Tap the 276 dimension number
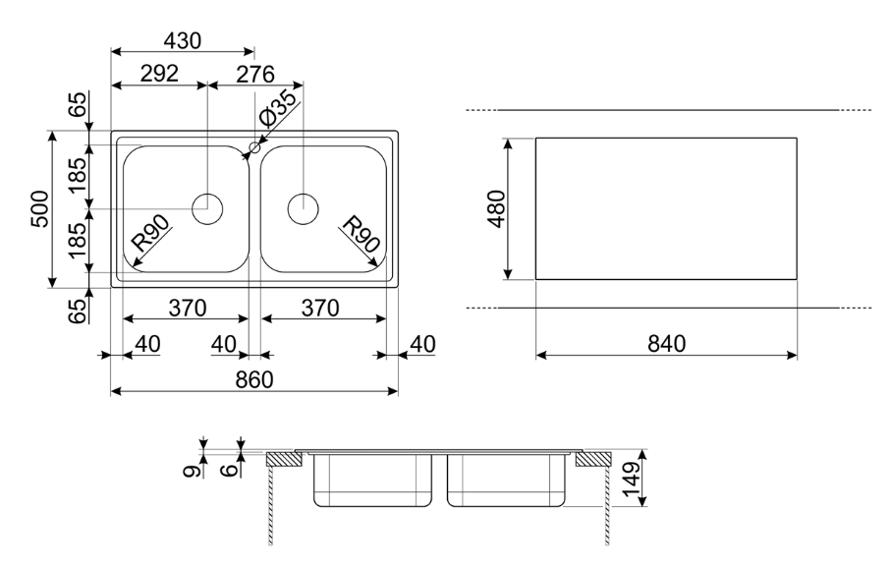[x=254, y=75]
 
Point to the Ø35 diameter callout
[x=278, y=109]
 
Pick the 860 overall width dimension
[x=254, y=380]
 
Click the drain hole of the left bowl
[x=208, y=208]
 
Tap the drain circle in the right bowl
[x=304, y=208]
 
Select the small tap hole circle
[x=254, y=147]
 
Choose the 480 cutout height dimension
[x=497, y=209]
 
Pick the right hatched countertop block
[x=594, y=459]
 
